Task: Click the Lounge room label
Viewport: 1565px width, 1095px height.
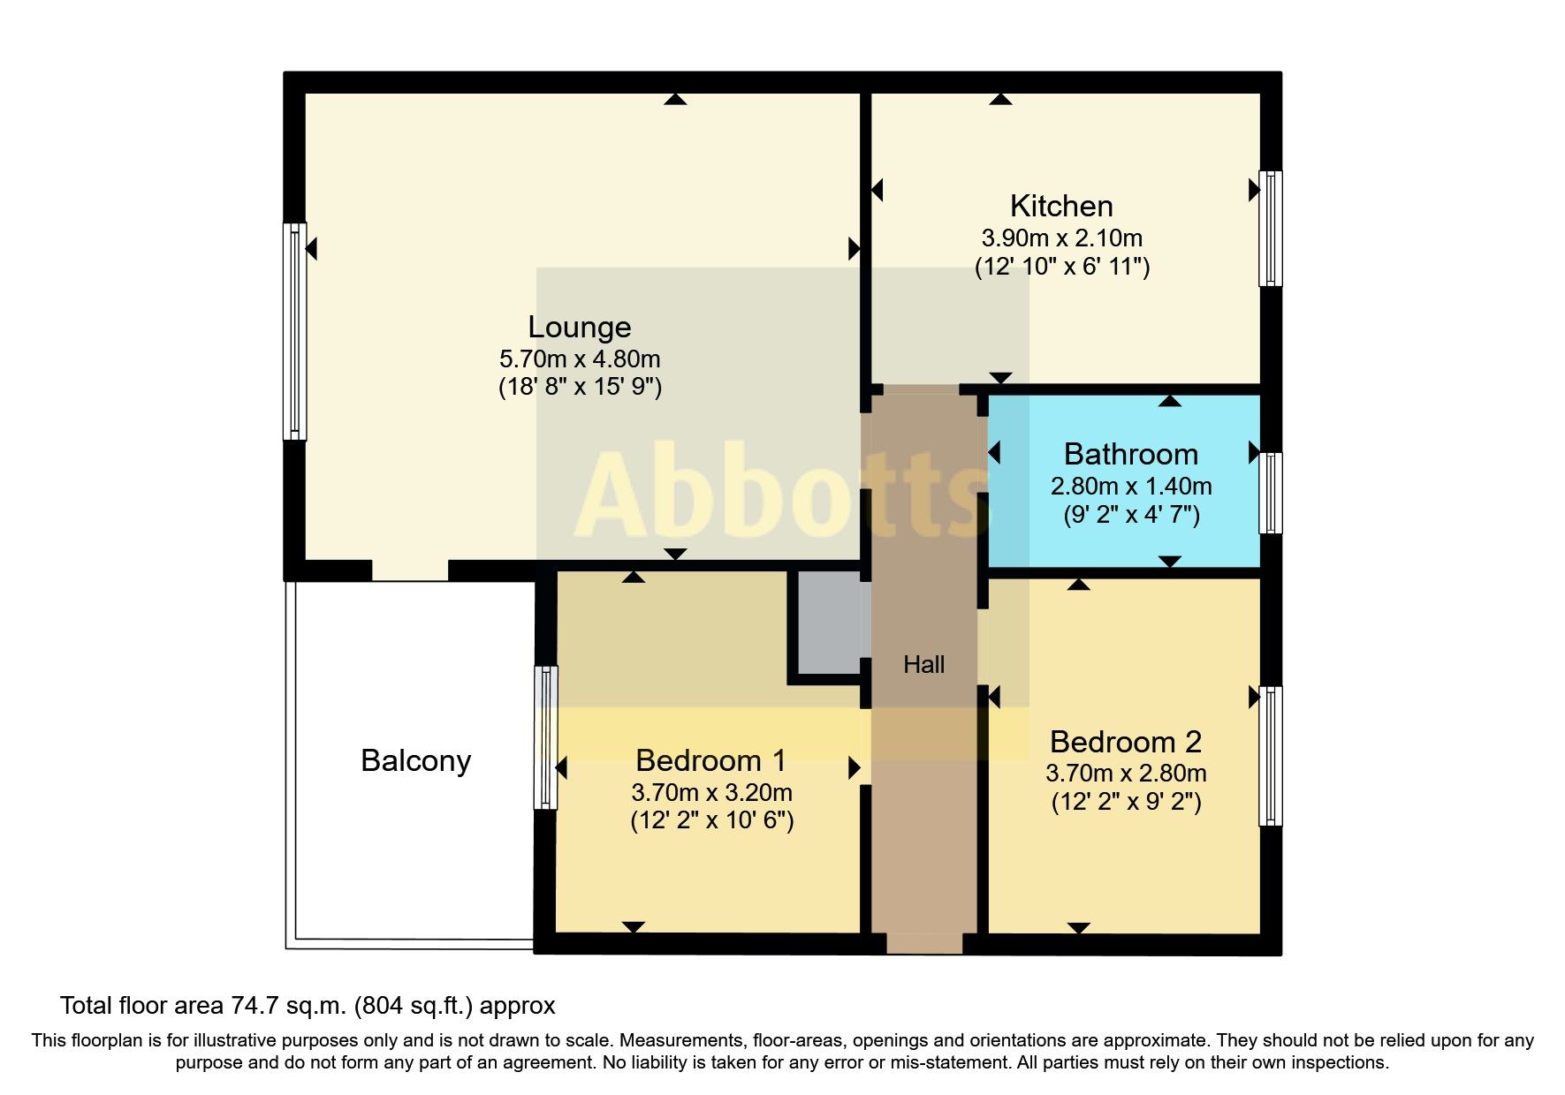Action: (x=580, y=328)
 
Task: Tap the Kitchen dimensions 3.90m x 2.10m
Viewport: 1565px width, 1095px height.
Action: (x=1061, y=238)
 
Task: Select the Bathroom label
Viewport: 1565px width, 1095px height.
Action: (x=1130, y=454)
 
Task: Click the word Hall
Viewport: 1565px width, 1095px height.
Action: (x=923, y=665)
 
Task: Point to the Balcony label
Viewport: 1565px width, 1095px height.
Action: (x=415, y=760)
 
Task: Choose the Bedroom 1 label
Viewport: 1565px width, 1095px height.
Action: (x=710, y=760)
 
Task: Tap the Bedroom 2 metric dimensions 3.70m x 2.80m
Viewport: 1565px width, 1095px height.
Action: (x=1125, y=774)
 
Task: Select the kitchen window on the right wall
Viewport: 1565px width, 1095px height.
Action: (x=1270, y=228)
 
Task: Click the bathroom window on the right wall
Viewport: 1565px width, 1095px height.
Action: (x=1270, y=493)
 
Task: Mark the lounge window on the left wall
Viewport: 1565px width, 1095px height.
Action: (x=294, y=331)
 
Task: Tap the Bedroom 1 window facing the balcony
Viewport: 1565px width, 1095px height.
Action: (x=546, y=737)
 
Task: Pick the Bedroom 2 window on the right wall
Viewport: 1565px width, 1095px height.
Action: (x=1270, y=756)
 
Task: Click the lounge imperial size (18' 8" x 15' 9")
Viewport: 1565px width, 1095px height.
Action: (x=580, y=387)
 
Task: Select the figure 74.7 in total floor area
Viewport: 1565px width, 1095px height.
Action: (x=255, y=1006)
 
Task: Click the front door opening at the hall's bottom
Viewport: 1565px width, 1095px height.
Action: (x=923, y=944)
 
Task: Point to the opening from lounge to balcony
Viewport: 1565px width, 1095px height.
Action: (x=409, y=570)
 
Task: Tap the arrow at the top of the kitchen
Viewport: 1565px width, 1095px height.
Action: (x=1000, y=100)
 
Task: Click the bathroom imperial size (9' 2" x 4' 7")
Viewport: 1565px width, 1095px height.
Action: (x=1130, y=515)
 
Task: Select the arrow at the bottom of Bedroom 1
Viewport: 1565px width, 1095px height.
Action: (x=634, y=926)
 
